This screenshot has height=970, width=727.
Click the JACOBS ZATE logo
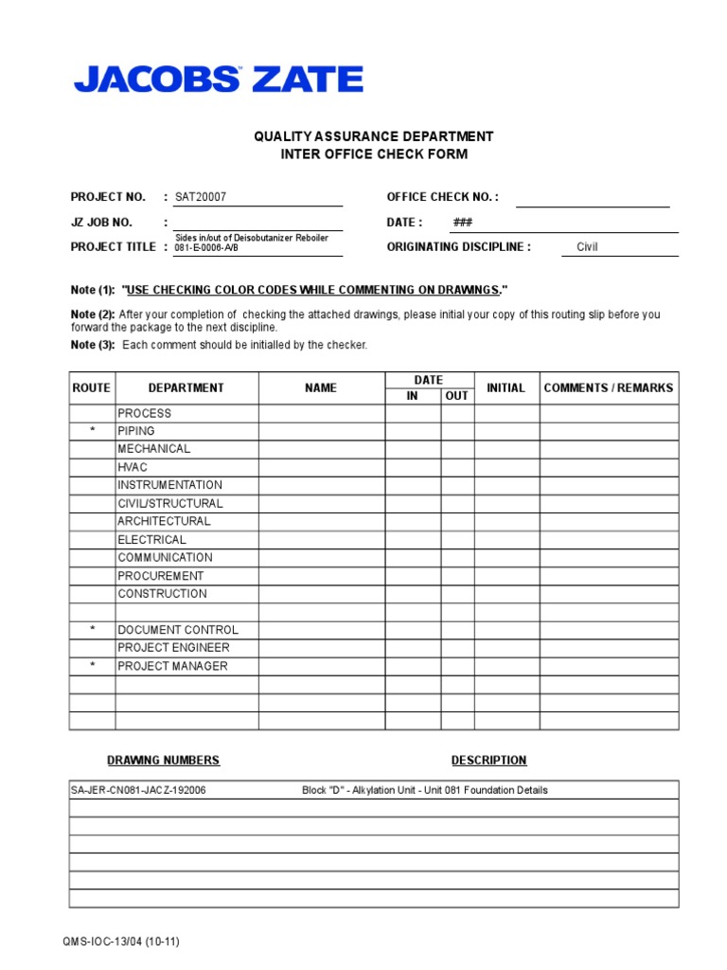(218, 80)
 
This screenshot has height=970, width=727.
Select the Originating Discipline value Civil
(587, 247)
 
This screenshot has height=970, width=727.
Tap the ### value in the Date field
(463, 223)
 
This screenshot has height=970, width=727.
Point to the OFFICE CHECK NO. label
(442, 197)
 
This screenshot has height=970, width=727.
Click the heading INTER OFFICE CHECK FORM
(373, 154)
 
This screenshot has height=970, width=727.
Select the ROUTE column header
(92, 387)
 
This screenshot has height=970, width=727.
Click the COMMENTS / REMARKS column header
(609, 387)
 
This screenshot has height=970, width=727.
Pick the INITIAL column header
(505, 387)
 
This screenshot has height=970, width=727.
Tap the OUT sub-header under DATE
(456, 396)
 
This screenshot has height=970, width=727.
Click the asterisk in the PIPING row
(92, 431)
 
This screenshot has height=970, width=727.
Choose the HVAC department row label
(133, 467)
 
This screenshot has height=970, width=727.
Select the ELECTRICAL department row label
(151, 540)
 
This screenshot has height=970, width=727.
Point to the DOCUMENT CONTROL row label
(178, 630)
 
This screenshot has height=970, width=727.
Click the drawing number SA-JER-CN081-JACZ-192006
(138, 790)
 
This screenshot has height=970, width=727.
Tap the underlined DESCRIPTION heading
(488, 761)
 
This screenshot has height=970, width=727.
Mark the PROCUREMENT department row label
(161, 576)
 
